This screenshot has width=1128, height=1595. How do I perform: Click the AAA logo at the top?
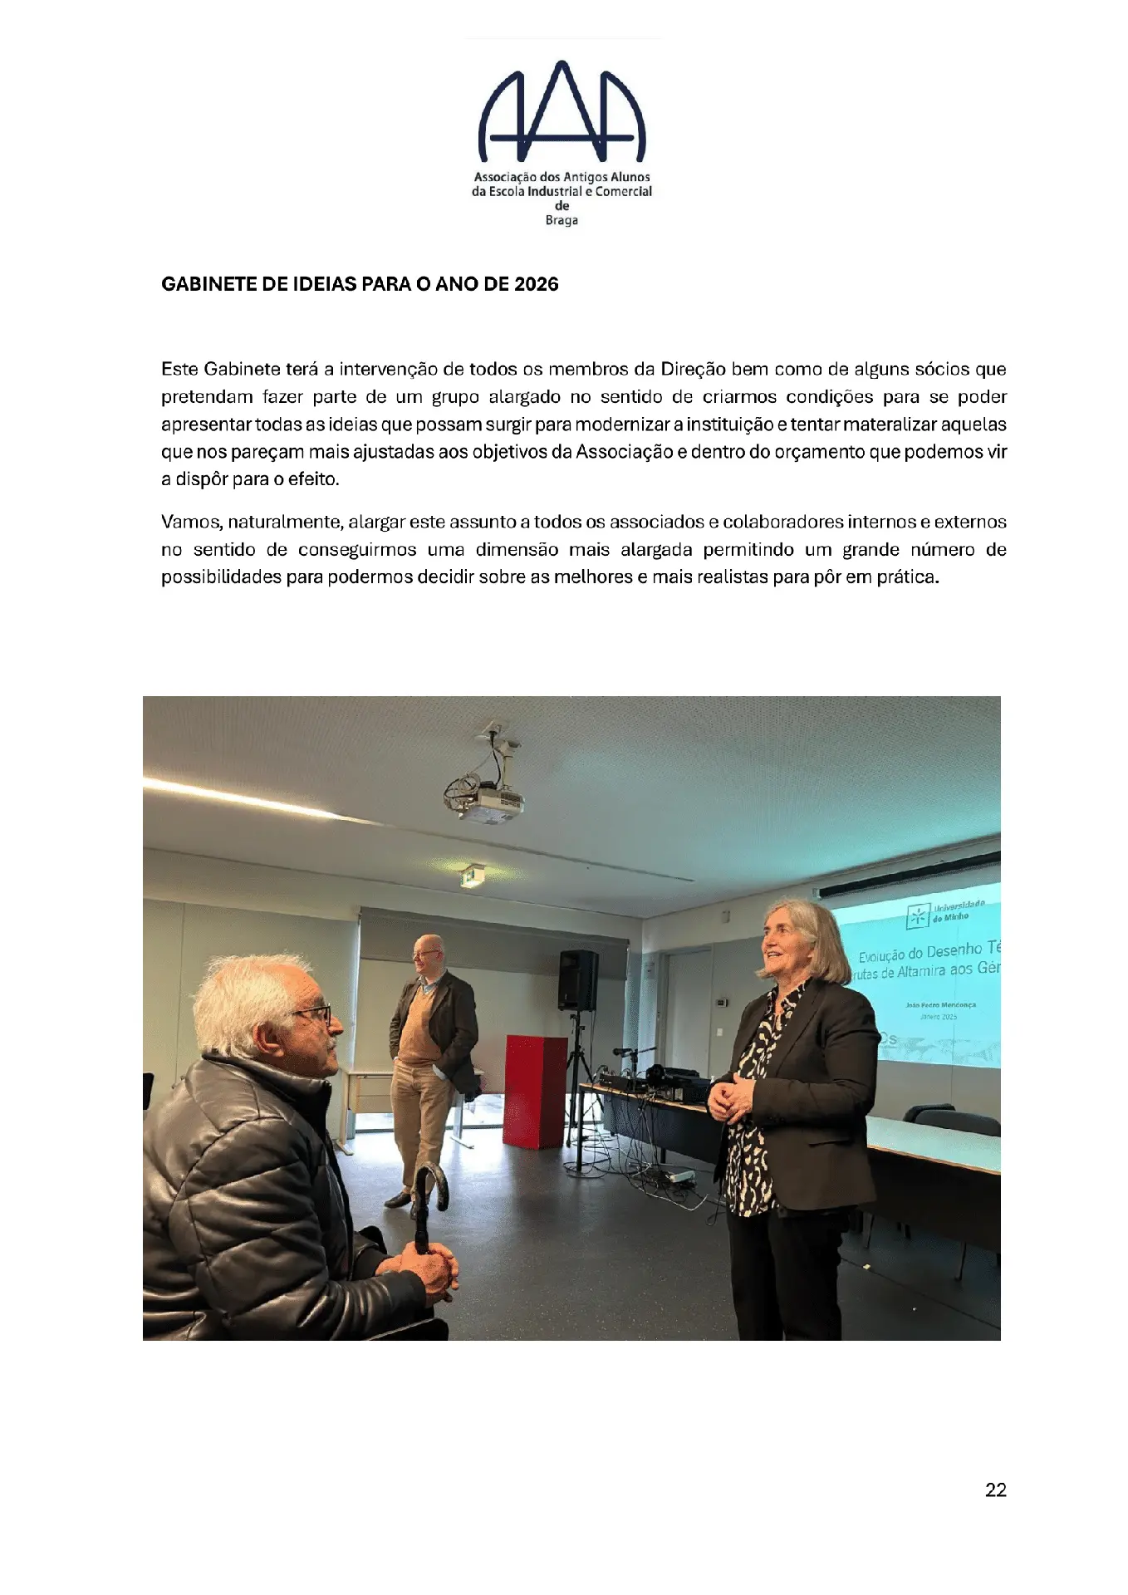tap(562, 112)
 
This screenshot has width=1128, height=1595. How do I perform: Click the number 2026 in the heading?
tap(536, 284)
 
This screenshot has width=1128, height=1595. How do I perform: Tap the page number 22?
tap(995, 1489)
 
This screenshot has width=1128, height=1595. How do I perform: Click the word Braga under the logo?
tap(562, 220)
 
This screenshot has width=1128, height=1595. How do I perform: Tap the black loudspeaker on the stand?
tap(578, 980)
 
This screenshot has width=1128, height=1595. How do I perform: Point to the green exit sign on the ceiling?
tap(472, 875)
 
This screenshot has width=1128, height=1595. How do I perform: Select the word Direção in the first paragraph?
tap(693, 369)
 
